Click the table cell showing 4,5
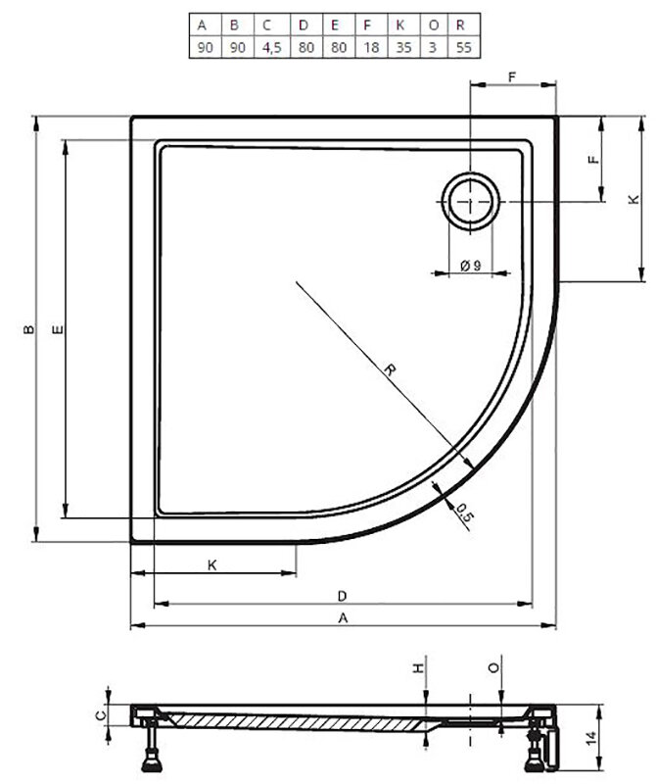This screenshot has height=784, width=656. coord(272,47)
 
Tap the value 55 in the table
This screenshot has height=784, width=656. coord(463,47)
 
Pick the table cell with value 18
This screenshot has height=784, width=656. coord(371,47)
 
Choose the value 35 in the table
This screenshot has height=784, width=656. coord(403,47)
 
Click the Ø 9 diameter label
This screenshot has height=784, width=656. coord(470,266)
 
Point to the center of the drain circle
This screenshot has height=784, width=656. coord(470,201)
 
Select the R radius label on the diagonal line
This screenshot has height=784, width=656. coord(391,369)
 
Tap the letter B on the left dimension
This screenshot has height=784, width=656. coord(29,329)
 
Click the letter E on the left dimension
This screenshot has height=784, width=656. coord(58,329)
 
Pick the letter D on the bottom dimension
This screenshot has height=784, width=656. coord(343,596)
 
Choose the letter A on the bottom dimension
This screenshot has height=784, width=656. coord(343,618)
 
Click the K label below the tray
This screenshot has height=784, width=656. coord(212,565)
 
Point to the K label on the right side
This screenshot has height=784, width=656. coord(633,199)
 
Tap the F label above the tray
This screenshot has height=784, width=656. coord(512,77)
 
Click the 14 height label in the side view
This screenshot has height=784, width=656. coord(591,738)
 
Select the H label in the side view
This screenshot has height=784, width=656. coord(418,667)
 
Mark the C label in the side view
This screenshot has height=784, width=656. coord(101,715)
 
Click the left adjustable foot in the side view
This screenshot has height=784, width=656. coord(150,747)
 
